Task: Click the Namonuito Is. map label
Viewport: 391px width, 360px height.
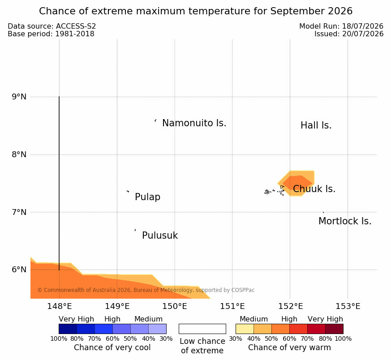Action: (x=194, y=123)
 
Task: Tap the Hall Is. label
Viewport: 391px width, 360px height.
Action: (x=316, y=125)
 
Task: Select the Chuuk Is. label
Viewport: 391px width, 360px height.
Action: (x=314, y=189)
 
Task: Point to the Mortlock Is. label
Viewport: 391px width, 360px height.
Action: (x=345, y=221)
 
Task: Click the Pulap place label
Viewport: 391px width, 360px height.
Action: (x=148, y=197)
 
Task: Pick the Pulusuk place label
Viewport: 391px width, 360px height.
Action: (x=160, y=236)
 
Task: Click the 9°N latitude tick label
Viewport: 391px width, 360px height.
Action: (x=19, y=97)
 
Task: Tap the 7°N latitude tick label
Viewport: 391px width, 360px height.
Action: (x=19, y=212)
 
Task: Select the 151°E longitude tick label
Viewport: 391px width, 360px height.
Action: (x=232, y=306)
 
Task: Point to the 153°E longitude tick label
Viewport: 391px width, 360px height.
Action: (x=348, y=306)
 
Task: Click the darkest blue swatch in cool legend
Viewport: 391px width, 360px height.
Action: (x=68, y=329)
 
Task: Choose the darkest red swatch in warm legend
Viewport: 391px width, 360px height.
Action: (x=334, y=329)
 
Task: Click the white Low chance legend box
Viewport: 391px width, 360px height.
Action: (x=202, y=329)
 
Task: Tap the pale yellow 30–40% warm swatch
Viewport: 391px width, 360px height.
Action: (x=245, y=329)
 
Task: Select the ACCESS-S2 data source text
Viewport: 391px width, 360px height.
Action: (x=76, y=26)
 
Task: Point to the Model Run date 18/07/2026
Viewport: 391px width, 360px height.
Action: (x=363, y=26)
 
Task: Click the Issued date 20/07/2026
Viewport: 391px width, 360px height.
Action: (x=363, y=34)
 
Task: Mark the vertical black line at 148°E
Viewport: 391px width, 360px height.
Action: (x=59, y=183)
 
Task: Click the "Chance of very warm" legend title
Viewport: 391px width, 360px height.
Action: (x=289, y=347)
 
